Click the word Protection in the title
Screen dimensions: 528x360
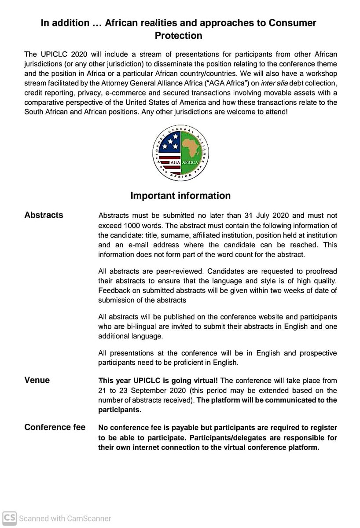tap(178, 36)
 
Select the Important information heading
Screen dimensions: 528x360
tap(180, 195)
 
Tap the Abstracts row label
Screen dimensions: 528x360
tap(44, 215)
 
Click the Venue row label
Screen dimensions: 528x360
tap(37, 380)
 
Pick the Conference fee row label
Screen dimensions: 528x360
tap(55, 427)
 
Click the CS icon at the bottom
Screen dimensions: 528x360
tap(9, 518)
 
